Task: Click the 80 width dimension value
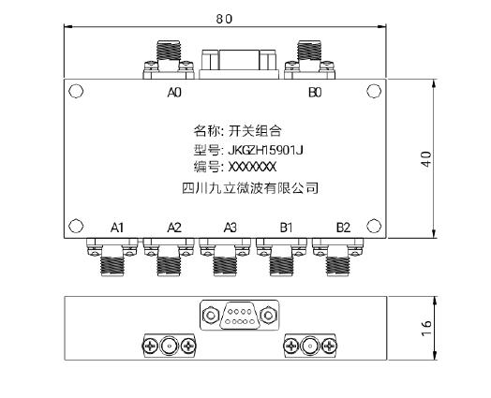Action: (x=224, y=19)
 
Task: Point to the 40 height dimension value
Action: (x=426, y=159)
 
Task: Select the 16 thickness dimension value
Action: (x=426, y=329)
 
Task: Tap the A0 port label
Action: (x=174, y=93)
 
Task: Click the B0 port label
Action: (x=315, y=93)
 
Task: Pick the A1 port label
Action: (x=117, y=228)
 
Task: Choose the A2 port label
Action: (x=174, y=228)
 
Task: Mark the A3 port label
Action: (x=231, y=228)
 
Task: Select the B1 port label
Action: (x=286, y=228)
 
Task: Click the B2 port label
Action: (x=343, y=228)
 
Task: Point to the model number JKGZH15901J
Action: (x=265, y=151)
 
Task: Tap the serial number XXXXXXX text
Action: (x=252, y=167)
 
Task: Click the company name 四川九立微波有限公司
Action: (x=250, y=188)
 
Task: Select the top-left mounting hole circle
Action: (x=76, y=92)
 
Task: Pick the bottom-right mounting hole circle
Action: (x=374, y=226)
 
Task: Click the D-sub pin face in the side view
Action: (x=240, y=317)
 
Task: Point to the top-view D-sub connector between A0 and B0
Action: (x=239, y=64)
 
